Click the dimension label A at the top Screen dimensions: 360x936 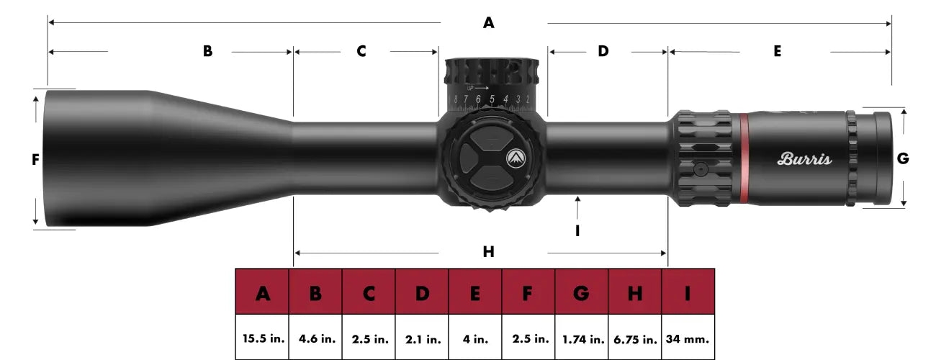pyautogui.click(x=489, y=23)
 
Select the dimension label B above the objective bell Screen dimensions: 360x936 pyautogui.click(x=207, y=52)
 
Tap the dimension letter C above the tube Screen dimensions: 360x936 pyautogui.click(x=361, y=52)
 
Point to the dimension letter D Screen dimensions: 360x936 pyautogui.click(x=603, y=52)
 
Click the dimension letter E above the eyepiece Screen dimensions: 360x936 pyautogui.click(x=778, y=52)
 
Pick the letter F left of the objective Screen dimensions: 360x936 pyautogui.click(x=35, y=161)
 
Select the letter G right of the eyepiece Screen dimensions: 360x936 pyautogui.click(x=903, y=159)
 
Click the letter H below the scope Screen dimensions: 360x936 pyautogui.click(x=489, y=252)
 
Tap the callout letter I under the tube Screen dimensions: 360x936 pyautogui.click(x=578, y=230)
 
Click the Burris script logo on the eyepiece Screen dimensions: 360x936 pyautogui.click(x=804, y=159)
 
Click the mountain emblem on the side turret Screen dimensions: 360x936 pyautogui.click(x=516, y=158)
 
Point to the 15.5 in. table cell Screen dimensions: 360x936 pyautogui.click(x=262, y=338)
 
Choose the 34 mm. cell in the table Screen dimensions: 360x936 pyautogui.click(x=688, y=338)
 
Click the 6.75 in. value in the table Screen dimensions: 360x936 pyautogui.click(x=634, y=338)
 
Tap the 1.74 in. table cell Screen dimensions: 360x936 pyautogui.click(x=582, y=338)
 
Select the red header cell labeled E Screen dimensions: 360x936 pyautogui.click(x=475, y=293)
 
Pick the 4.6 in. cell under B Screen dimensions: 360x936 pyautogui.click(x=315, y=338)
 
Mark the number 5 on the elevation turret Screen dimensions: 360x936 pyautogui.click(x=492, y=99)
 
